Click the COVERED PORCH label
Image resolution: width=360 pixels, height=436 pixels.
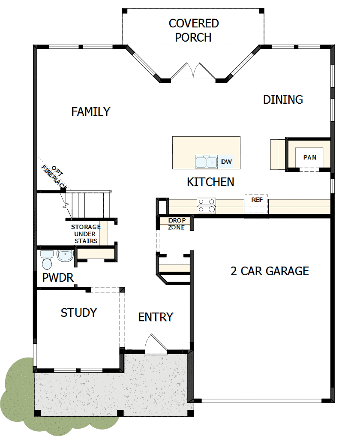click(x=193, y=30)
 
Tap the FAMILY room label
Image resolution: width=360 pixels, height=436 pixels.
click(x=91, y=112)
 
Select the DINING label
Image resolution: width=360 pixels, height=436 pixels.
click(x=283, y=99)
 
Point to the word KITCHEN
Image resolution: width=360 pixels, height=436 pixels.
click(x=210, y=182)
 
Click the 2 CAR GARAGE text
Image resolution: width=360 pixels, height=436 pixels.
click(x=270, y=271)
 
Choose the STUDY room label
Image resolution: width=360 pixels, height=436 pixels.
click(x=79, y=313)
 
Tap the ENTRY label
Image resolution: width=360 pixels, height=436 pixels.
click(x=156, y=317)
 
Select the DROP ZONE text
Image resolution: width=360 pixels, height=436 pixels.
click(x=177, y=224)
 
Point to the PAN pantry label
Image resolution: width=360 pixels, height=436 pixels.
click(x=309, y=157)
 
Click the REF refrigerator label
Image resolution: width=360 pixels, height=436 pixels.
click(x=257, y=200)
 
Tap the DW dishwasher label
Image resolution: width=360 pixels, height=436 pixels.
click(x=226, y=162)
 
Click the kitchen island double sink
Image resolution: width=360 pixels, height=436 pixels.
click(x=206, y=162)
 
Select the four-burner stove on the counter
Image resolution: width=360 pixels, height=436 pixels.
click(x=206, y=205)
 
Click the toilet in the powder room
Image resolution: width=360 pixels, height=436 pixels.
click(x=46, y=257)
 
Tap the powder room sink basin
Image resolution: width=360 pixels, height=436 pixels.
click(x=65, y=256)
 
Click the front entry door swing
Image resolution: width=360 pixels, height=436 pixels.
click(x=154, y=345)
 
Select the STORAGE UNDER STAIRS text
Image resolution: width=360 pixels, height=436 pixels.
click(x=86, y=234)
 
